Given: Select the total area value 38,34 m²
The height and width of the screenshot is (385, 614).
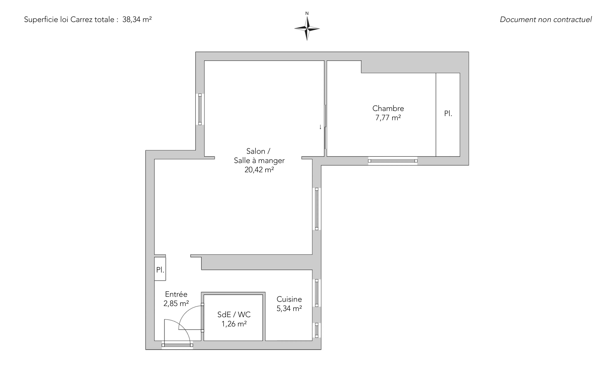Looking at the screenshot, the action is (137, 20).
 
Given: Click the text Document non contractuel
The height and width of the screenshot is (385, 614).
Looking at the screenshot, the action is (546, 20).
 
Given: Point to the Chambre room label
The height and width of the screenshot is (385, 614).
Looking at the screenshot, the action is (388, 109).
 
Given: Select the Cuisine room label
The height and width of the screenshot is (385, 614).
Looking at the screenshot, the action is (289, 299).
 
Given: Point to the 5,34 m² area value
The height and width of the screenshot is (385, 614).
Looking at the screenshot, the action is (289, 308).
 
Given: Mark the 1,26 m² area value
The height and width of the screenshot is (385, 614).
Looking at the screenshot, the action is (234, 324).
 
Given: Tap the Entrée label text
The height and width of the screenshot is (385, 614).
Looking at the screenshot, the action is (176, 294).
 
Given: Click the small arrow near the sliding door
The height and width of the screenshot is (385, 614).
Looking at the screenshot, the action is (320, 127).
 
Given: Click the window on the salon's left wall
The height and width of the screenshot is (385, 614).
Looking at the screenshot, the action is (200, 109).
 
